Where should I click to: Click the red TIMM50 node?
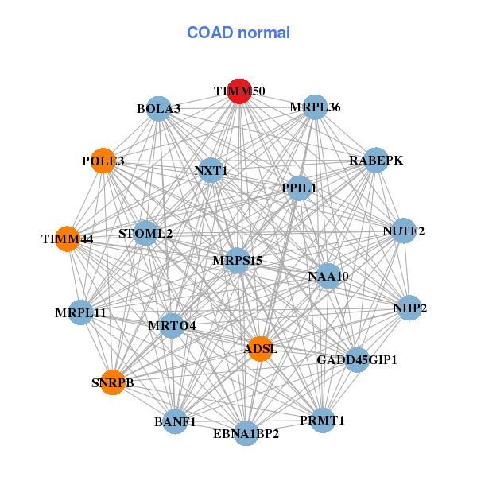(239, 91)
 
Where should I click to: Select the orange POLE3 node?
(103, 161)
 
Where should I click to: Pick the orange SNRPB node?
(113, 382)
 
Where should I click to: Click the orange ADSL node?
(261, 348)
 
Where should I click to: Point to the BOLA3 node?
(159, 108)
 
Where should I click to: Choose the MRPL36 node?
(316, 107)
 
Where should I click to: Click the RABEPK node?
(375, 161)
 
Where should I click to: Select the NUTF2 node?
(404, 231)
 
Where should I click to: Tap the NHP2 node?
(409, 308)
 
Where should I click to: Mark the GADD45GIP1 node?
(357, 360)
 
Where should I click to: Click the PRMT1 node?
(323, 420)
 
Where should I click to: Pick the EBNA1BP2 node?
(246, 433)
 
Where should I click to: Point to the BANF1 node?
(176, 421)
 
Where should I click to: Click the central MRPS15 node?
(238, 260)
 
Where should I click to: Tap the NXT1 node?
(211, 170)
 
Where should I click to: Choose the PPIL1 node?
(299, 188)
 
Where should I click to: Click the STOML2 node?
(145, 234)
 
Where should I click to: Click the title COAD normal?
(238, 33)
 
